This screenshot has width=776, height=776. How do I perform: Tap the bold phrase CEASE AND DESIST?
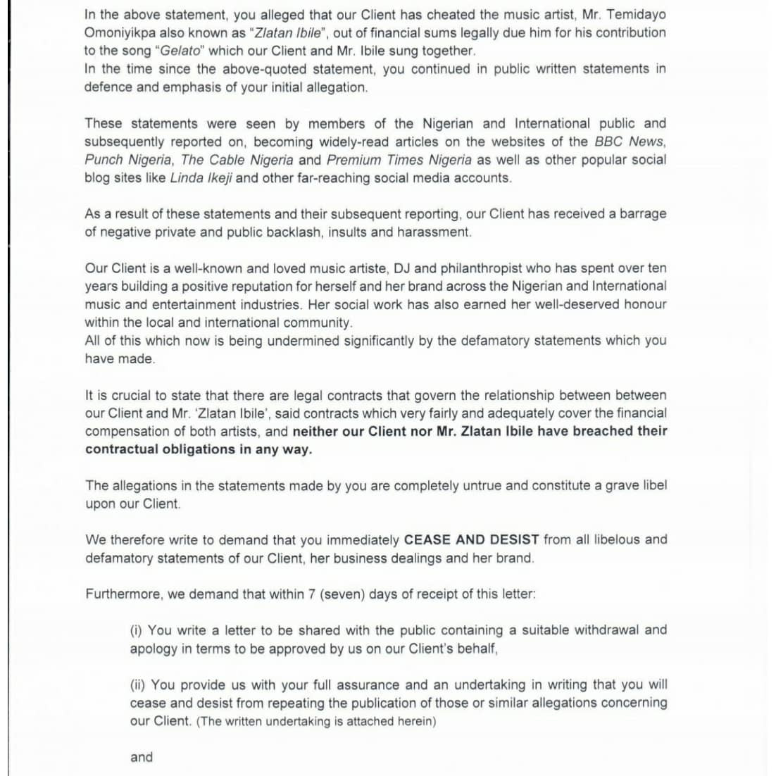[x=471, y=540]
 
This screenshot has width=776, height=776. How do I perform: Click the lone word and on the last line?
[x=142, y=758]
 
